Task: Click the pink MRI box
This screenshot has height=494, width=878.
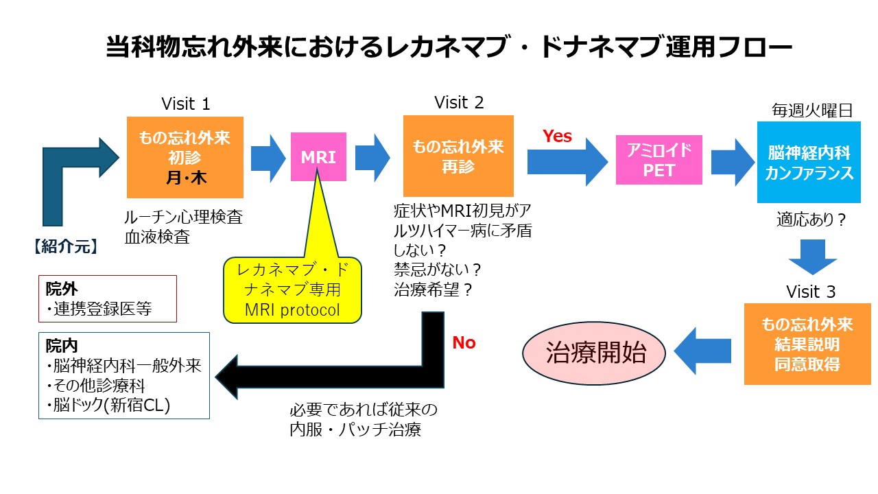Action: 318,157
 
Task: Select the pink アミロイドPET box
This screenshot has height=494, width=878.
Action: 659,160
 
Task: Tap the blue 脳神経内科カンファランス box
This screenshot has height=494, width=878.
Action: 809,163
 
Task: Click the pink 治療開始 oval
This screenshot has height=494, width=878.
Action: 594,353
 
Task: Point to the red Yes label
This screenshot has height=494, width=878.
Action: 557,136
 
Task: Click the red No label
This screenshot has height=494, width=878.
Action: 464,342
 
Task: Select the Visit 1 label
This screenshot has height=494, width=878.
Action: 186,104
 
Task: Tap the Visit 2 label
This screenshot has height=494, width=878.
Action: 459,103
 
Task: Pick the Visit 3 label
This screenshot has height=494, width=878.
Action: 811,292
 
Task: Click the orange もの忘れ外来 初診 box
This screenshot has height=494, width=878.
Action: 185,157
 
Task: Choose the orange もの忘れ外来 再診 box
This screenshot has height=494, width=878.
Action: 458,156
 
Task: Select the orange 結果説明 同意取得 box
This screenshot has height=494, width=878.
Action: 807,344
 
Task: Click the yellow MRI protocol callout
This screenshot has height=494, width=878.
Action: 292,290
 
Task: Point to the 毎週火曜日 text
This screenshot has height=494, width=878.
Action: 812,110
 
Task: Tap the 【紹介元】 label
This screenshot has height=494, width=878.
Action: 66,246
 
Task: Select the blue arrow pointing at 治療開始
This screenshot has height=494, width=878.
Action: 702,351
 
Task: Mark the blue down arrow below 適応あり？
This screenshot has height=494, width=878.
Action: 813,257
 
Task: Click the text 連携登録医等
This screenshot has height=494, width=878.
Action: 103,309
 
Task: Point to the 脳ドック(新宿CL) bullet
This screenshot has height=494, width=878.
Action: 108,405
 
